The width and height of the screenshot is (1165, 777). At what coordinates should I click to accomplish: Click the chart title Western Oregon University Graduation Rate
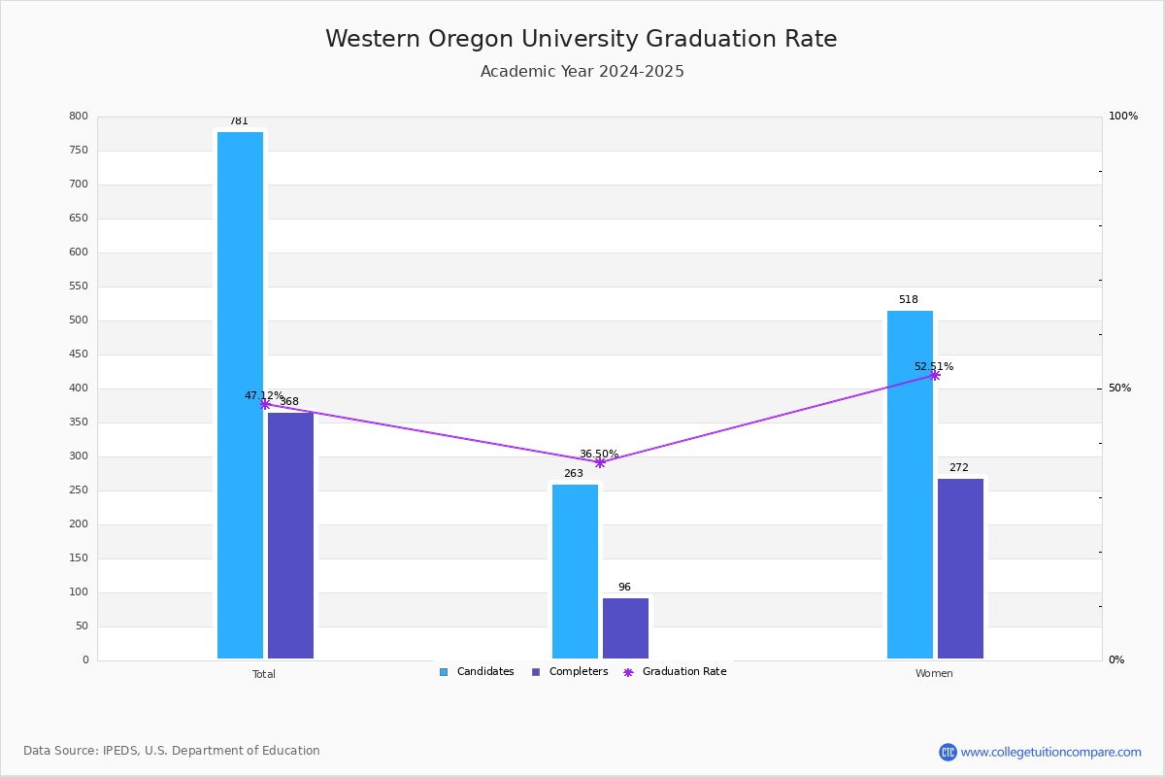click(581, 39)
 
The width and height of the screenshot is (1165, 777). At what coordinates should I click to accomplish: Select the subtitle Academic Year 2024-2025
click(582, 71)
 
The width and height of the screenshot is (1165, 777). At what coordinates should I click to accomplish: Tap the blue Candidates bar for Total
click(241, 395)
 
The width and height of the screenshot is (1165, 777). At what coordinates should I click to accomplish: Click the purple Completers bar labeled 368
click(290, 535)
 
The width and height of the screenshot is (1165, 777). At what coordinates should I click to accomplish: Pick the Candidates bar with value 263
click(575, 571)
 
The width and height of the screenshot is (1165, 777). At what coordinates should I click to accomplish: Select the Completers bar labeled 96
click(625, 628)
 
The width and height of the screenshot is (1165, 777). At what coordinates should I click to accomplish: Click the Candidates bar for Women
click(911, 485)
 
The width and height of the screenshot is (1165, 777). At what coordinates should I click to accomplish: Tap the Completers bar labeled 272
click(960, 568)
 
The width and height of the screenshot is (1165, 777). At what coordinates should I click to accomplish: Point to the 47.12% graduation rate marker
click(265, 404)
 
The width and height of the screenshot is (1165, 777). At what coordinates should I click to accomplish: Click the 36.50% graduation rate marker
click(600, 462)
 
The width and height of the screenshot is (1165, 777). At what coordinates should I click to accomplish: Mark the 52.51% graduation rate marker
click(935, 375)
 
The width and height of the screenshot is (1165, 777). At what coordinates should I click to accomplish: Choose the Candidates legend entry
click(477, 672)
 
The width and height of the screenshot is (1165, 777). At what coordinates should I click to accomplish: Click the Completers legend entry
click(570, 672)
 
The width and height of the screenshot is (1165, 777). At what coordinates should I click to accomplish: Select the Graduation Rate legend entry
click(675, 672)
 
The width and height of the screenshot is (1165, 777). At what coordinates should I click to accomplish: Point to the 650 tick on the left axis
click(79, 219)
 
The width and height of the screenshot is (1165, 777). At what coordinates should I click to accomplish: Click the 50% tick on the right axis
click(1119, 388)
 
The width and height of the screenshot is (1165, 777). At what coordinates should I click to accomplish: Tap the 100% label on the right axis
click(1123, 116)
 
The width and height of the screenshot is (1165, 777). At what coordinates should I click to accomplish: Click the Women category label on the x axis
click(934, 673)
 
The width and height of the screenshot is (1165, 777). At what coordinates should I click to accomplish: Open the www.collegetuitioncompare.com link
click(1050, 752)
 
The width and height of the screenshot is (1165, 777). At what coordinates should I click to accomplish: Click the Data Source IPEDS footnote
click(172, 751)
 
